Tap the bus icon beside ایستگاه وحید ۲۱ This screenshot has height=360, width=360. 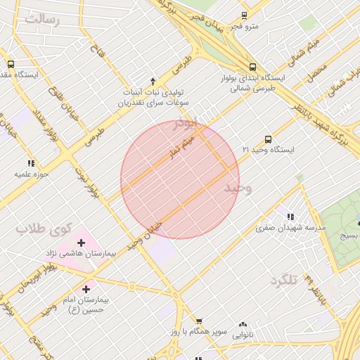click(268, 139)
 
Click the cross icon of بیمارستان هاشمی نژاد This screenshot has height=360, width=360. click(81, 243)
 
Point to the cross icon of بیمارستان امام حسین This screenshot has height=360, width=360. click(86, 288)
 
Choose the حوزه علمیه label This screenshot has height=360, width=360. click(31, 174)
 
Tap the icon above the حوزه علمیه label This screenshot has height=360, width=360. click(31, 163)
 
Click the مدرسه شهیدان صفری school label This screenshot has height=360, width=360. click(290, 228)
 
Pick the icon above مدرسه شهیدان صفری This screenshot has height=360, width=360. click(290, 217)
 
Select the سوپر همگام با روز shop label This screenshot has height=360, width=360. click(201, 331)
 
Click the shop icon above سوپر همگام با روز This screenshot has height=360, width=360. click(200, 321)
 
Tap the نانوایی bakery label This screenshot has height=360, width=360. click(243, 335)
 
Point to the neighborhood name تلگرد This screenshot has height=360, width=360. click(285, 281)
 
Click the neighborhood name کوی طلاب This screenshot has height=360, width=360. click(45, 229)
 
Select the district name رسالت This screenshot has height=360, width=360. click(42, 19)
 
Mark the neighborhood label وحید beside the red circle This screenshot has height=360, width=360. click(238, 188)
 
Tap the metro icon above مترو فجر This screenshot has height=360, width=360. click(244, 15)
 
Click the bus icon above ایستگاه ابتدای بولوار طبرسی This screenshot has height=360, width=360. click(252, 67)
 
